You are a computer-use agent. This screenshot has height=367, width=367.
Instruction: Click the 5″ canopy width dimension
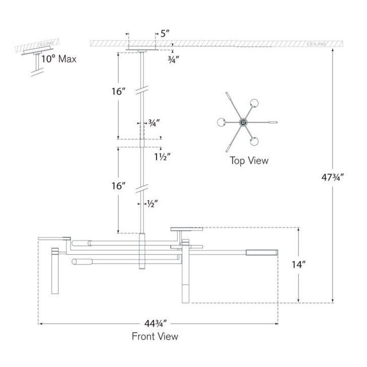[x=165, y=34]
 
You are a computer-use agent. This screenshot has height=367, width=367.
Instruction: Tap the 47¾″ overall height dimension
[x=333, y=177]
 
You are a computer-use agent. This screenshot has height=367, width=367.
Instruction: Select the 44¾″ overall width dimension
[x=155, y=323]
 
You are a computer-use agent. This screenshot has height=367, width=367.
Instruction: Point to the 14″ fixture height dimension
[x=299, y=265]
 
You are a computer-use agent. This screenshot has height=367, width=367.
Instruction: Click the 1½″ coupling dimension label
[x=162, y=157]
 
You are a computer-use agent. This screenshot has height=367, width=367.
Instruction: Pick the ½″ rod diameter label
[x=153, y=204]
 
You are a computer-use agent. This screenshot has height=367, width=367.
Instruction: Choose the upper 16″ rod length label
[x=119, y=91]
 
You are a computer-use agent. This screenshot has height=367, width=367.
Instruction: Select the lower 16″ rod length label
[x=119, y=186]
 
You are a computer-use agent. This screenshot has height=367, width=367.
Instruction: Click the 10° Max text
[x=58, y=58]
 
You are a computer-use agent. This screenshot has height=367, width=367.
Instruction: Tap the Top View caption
[x=249, y=161]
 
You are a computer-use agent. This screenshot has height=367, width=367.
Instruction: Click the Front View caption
[x=155, y=337]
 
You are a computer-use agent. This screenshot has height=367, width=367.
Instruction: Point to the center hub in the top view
[x=243, y=122]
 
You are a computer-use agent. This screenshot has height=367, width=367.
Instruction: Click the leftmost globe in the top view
[x=221, y=122]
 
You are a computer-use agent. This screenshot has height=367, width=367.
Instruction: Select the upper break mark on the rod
[x=142, y=90]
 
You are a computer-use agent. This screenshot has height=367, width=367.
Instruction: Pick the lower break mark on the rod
[x=142, y=189]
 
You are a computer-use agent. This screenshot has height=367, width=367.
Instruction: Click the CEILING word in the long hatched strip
[x=316, y=44]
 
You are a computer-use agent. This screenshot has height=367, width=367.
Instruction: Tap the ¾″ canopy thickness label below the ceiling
[x=173, y=60]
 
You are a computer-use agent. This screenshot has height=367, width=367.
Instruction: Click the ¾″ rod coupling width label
[x=154, y=123]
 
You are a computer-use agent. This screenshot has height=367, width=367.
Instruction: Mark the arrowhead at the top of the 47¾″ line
[x=333, y=50]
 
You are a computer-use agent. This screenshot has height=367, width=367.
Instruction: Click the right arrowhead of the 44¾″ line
[x=276, y=323]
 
